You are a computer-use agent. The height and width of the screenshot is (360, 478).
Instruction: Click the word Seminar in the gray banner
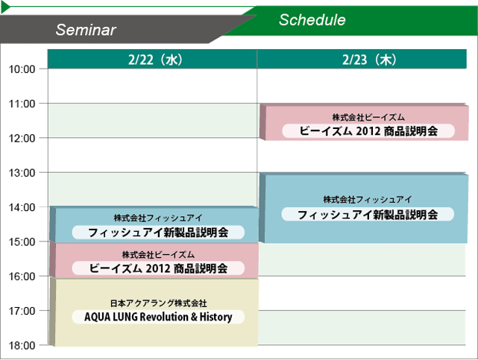(x=86, y=30)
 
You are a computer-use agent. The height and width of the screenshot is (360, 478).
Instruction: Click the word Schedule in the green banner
(x=312, y=20)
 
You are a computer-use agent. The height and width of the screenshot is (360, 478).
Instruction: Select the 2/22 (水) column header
(x=155, y=60)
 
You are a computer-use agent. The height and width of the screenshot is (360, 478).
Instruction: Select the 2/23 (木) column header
(x=369, y=60)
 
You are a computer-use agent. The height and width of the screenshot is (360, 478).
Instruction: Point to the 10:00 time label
(x=22, y=69)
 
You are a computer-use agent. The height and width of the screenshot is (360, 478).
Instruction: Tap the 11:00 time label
(x=22, y=104)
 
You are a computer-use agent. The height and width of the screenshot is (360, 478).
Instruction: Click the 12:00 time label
(x=22, y=139)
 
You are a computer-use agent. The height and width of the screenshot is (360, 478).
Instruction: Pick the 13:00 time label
(x=22, y=173)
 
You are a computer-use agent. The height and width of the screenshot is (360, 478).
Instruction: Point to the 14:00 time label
(x=22, y=207)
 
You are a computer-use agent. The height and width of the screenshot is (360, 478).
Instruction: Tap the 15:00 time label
(x=22, y=241)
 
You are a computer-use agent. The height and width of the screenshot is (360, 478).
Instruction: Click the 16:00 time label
(x=22, y=277)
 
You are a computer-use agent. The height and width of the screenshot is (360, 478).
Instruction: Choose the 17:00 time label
(x=22, y=311)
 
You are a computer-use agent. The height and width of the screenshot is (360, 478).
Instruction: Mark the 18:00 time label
(x=22, y=345)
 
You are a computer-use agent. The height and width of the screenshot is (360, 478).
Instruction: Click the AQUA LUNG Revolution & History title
(x=158, y=317)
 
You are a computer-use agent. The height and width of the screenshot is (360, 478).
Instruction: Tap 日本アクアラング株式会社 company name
(x=159, y=303)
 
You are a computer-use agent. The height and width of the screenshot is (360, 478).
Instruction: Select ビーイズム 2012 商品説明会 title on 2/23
(x=368, y=131)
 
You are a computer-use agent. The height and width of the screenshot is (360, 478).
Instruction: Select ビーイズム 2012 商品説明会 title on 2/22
(x=158, y=268)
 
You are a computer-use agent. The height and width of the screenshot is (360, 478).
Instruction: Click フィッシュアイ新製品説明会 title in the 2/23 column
(x=368, y=215)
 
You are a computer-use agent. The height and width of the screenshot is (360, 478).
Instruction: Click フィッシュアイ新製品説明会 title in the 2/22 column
(x=158, y=233)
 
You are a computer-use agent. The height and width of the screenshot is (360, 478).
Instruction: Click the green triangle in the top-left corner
(x=5, y=7)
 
